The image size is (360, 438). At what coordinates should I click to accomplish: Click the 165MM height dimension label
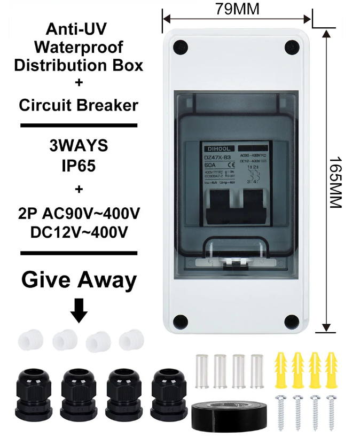[x=334, y=182]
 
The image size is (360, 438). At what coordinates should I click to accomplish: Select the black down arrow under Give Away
[x=79, y=310]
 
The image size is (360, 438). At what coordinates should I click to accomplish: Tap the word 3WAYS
[x=79, y=145]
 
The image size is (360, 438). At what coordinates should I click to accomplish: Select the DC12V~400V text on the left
[x=79, y=233]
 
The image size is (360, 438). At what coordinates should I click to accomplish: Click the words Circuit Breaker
[x=79, y=105]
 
